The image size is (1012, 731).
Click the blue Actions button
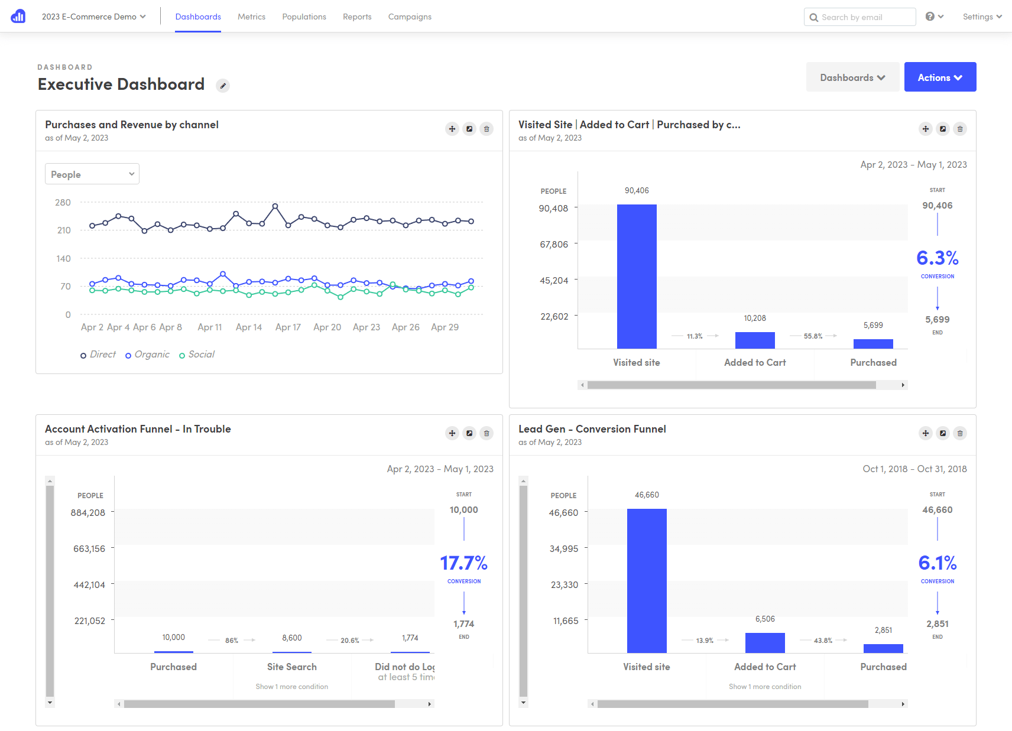click(x=940, y=77)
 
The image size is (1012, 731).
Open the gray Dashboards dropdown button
click(x=852, y=77)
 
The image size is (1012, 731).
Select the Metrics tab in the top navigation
click(x=251, y=17)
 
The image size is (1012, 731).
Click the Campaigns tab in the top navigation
click(x=410, y=17)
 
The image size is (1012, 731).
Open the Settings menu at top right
click(x=982, y=17)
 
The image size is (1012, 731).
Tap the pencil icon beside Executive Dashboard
click(x=223, y=86)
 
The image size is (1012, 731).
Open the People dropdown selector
click(x=92, y=174)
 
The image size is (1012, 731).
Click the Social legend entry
click(x=197, y=355)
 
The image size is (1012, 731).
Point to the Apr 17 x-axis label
click(x=288, y=327)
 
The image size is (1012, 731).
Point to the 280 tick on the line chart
click(x=63, y=203)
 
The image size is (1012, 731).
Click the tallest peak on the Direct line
click(x=275, y=206)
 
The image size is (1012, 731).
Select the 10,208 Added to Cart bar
click(x=755, y=340)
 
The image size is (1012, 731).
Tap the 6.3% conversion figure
click(x=938, y=258)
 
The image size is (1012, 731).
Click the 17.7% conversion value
click(x=464, y=563)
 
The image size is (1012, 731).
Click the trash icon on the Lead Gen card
click(x=960, y=433)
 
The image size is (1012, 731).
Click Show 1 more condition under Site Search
click(x=292, y=687)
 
